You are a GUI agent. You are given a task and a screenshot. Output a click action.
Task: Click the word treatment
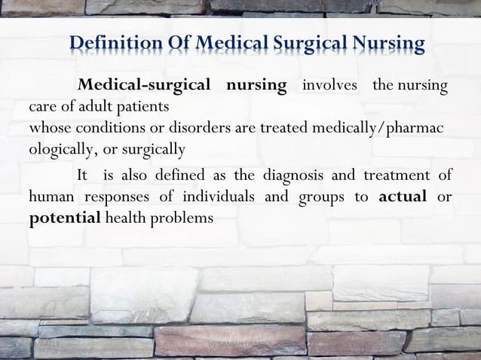click(x=397, y=177)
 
